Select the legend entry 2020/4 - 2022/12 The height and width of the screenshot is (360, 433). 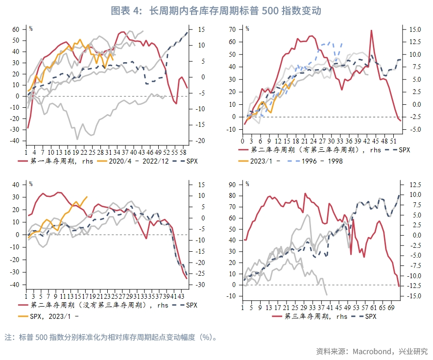pyautogui.click(x=135, y=161)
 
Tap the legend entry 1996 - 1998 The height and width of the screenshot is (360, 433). pyautogui.click(x=322, y=161)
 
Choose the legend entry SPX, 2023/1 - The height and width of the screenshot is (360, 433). pyautogui.click(x=55, y=316)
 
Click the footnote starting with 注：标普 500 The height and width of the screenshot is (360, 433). pyautogui.click(x=111, y=337)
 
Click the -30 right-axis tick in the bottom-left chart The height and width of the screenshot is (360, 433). pyautogui.click(x=201, y=285)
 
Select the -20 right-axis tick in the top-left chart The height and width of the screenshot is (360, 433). pyautogui.click(x=201, y=141)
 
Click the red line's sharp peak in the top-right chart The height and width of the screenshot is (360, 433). pyautogui.click(x=371, y=30)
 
